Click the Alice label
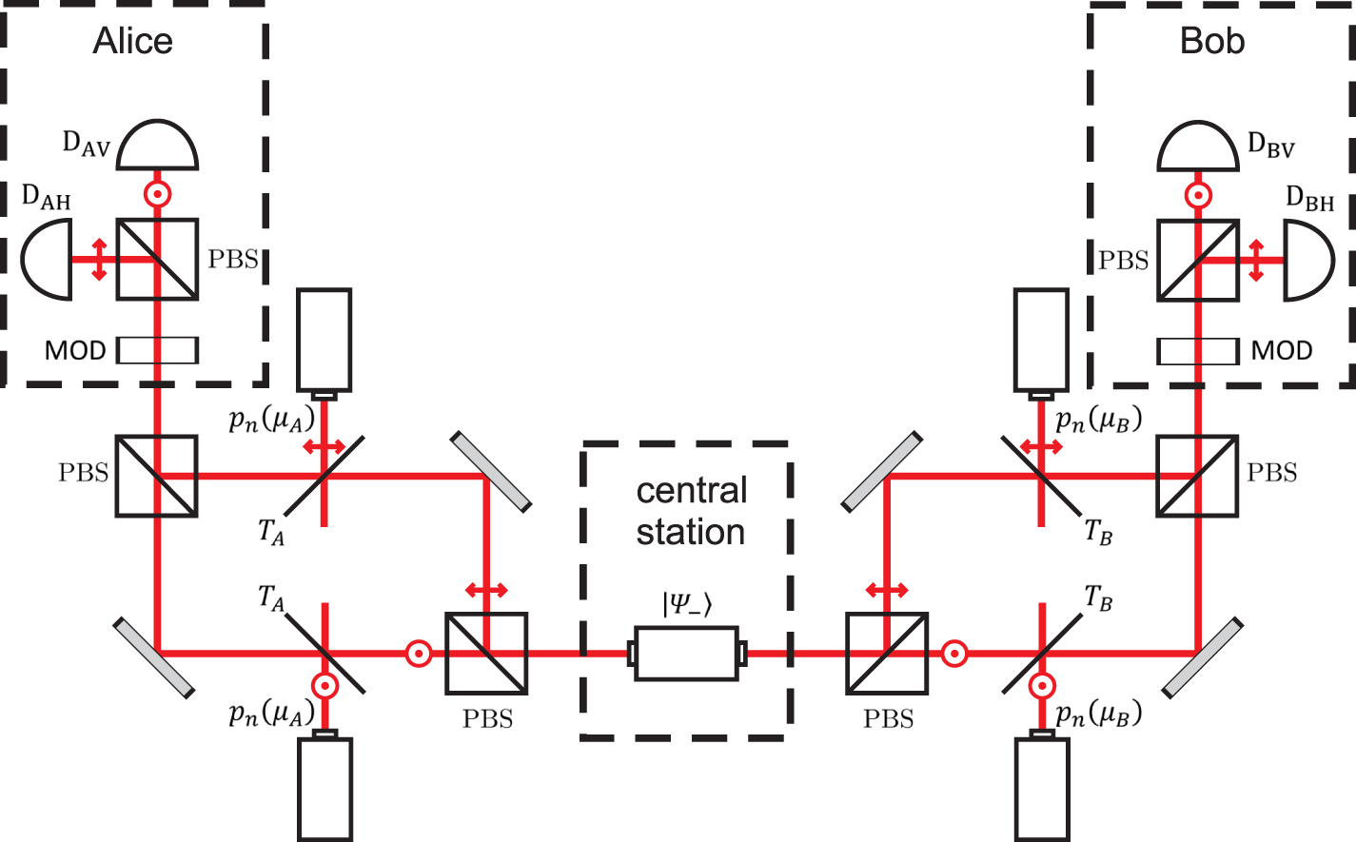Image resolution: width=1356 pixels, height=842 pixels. tap(133, 42)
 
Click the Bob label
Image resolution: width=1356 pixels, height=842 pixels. tap(1211, 42)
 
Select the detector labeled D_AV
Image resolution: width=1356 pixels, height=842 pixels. tap(157, 146)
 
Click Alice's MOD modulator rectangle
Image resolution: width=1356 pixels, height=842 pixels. tap(157, 350)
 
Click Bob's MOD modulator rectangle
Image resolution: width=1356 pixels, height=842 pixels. tap(1197, 351)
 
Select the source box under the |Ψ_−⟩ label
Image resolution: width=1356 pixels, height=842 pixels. tap(686, 653)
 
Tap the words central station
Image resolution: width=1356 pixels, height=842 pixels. tap(691, 511)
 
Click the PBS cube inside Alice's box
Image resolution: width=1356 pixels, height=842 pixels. tap(157, 259)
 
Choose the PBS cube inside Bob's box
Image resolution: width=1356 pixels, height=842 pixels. tap(1197, 260)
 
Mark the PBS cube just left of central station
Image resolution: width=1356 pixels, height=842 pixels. tap(486, 653)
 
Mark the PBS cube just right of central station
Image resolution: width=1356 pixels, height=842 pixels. tap(887, 653)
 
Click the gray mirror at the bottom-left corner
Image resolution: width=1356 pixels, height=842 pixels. tap(154, 657)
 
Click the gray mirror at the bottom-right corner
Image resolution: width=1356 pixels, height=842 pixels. tap(1202, 657)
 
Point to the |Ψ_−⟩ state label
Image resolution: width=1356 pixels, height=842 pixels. tap(686, 603)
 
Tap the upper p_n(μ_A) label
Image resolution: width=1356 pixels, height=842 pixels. tap(271, 420)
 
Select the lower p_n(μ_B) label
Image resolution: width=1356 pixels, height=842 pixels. tap(1098, 714)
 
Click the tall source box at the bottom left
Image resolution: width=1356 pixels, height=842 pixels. tap(325, 788)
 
